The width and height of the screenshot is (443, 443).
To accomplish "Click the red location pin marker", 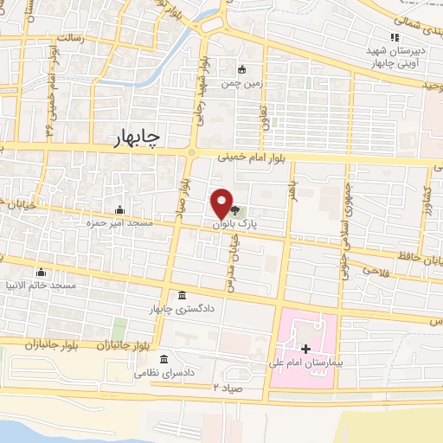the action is click(x=222, y=202).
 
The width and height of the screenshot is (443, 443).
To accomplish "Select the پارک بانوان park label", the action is click(x=237, y=223).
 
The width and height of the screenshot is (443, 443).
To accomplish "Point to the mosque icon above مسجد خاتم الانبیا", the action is click(x=41, y=272).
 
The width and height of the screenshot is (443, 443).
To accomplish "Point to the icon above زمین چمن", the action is click(x=242, y=69).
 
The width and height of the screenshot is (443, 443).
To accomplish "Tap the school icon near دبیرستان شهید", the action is click(x=395, y=37).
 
